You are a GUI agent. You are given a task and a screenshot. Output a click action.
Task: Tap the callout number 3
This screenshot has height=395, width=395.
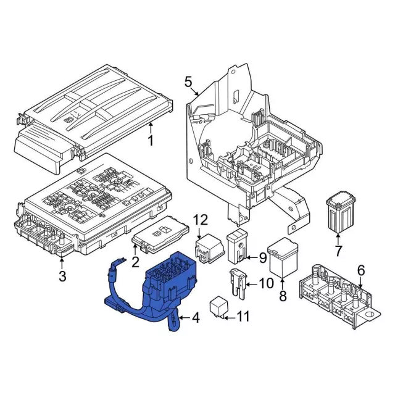point(62,276)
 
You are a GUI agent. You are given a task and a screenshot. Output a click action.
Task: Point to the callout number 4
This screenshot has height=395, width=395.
point(196,318)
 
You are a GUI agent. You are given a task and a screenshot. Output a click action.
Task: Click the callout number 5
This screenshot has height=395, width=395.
point(188,81)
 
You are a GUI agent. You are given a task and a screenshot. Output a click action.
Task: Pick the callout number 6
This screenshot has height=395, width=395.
point(361,270)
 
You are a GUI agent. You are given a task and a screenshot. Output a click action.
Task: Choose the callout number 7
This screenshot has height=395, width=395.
point(338,251)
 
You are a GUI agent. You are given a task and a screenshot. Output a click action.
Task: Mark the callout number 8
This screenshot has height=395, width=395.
point(283,297)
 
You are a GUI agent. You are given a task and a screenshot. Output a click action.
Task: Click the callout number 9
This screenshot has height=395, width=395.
point(262,257)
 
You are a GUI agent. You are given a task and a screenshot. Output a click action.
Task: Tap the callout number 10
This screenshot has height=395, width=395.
point(265,285)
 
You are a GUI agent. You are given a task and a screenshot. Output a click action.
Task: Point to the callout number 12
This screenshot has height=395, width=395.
point(201,220)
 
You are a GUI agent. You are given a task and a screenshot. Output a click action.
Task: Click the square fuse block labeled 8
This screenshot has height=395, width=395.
point(283,256)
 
